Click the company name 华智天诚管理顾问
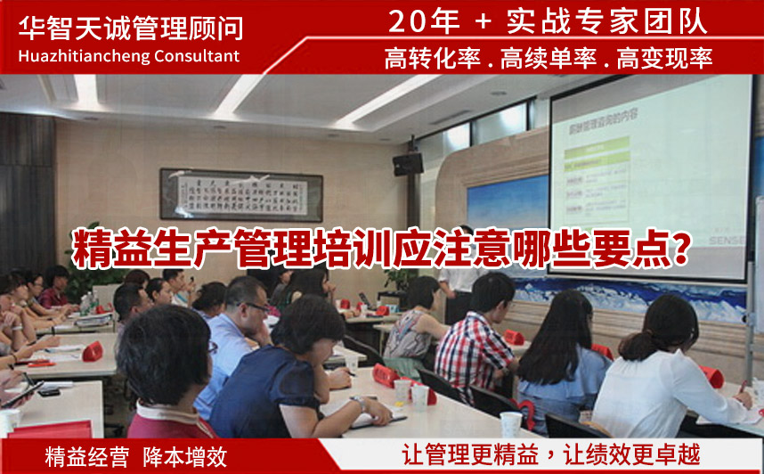tap(131, 28)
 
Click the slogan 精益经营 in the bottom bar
tap(79, 457)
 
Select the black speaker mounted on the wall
tap(408, 164)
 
